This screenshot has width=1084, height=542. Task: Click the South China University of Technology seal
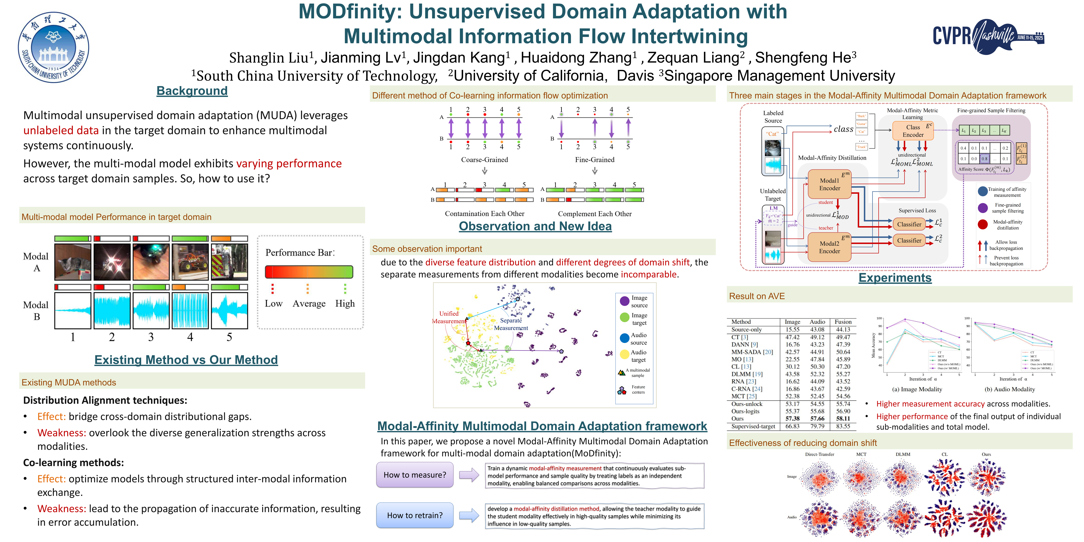(53, 47)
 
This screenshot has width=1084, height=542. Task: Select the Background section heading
(192, 91)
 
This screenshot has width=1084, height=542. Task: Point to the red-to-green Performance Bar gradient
(309, 272)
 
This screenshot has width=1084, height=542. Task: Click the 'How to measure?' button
(415, 475)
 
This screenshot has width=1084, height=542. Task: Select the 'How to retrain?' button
(415, 515)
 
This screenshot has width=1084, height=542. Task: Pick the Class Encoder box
(913, 131)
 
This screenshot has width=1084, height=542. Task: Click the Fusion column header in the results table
(843, 322)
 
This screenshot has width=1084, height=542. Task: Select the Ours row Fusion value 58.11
(843, 419)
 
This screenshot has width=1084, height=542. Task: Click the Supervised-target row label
(753, 426)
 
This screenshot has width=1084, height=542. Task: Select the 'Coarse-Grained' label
(484, 160)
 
